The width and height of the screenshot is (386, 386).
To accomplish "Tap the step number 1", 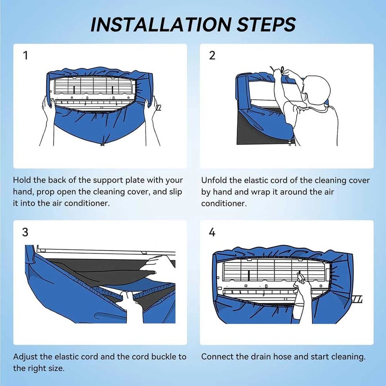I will pos(25,55).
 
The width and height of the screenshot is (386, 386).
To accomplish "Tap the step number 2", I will pos(212,55).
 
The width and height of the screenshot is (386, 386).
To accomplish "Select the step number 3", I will pos(25,232).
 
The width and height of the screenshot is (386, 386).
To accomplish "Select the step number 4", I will pos(212,232).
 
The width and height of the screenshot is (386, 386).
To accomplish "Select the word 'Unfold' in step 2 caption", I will pos(214,181).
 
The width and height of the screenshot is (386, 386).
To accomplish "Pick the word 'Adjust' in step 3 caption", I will pos(25,357).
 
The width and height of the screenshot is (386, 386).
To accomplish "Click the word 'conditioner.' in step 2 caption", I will pos(224,203).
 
